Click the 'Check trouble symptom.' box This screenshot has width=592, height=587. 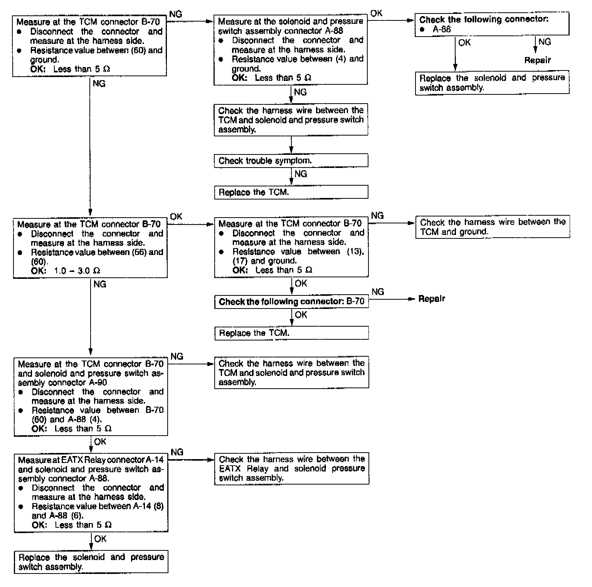pos(291,161)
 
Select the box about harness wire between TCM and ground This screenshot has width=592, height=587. pos(492,227)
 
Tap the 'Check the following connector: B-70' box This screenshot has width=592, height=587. pos(291,302)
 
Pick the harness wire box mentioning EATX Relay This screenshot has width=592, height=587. pos(291,468)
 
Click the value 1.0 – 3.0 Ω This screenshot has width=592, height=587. pos(77,271)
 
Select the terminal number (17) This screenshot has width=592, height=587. pos(240,261)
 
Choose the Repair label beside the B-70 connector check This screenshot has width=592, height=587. pos(432,299)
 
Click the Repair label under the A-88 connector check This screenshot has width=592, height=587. pos(537,60)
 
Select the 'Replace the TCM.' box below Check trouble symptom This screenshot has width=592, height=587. pos(291,192)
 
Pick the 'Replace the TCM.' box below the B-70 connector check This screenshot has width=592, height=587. pos(291,333)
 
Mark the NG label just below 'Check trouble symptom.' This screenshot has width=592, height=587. pos(301,174)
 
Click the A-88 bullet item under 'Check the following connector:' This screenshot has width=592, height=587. pos(442,29)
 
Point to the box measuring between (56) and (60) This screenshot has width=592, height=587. pos(90,247)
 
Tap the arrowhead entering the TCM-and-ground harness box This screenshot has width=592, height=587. pos(412,223)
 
